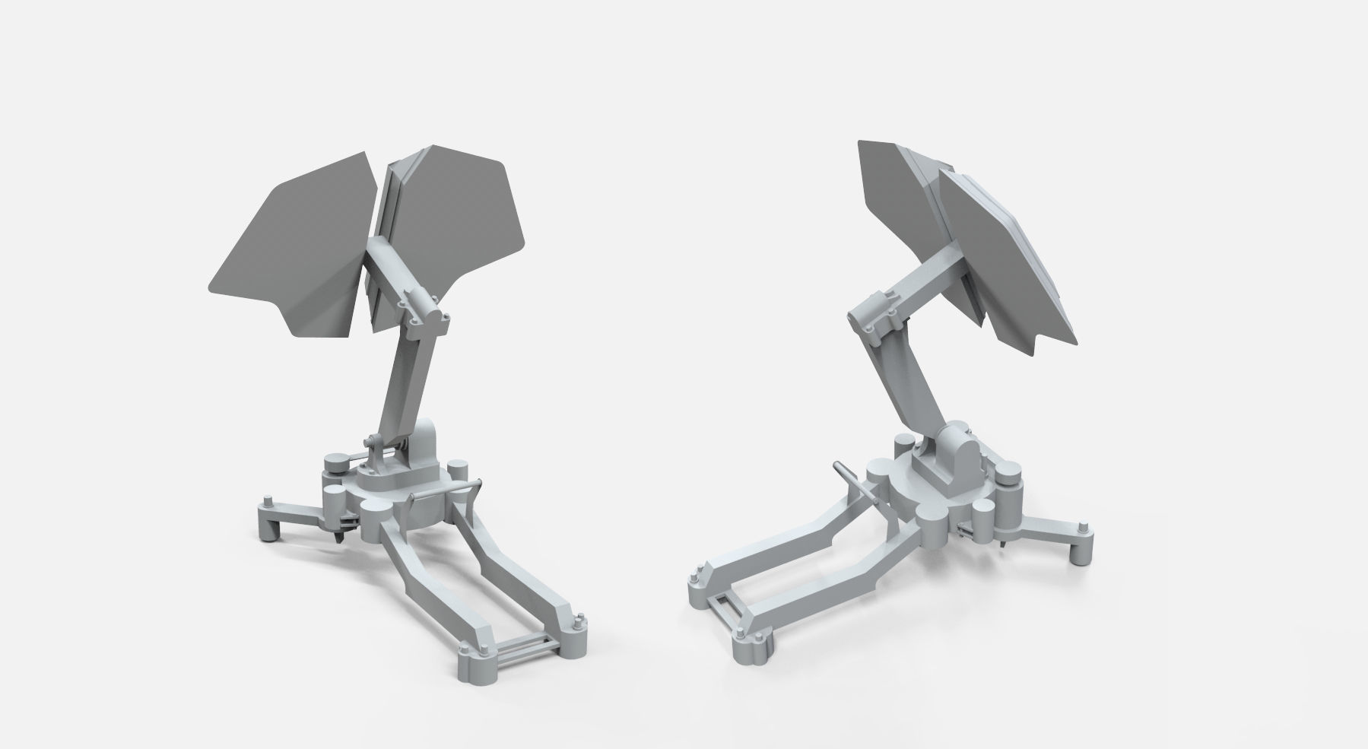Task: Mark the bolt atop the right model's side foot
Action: click(x=1084, y=525)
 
